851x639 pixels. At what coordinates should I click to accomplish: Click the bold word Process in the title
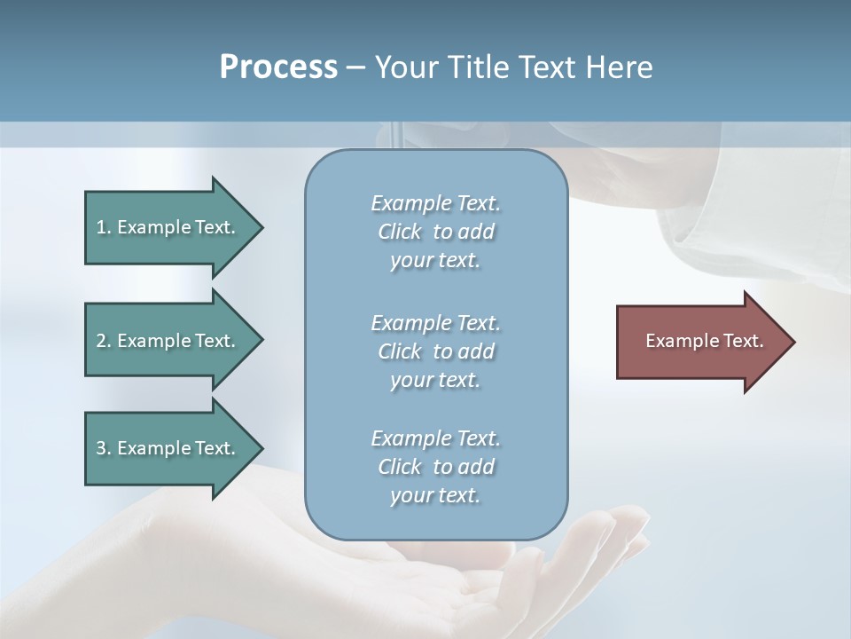[278, 67]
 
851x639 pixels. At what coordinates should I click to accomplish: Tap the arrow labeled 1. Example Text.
[168, 227]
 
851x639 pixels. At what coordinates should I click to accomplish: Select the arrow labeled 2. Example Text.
[168, 341]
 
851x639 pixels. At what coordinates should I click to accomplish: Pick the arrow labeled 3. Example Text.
[168, 448]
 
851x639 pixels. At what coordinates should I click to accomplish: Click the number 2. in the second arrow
[104, 341]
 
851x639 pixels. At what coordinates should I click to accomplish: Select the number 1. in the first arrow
[103, 227]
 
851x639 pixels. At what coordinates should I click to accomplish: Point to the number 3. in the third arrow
[104, 448]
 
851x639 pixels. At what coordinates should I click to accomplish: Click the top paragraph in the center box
[435, 232]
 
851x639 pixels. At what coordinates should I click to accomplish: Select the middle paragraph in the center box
[435, 351]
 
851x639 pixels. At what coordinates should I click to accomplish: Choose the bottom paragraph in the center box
[435, 467]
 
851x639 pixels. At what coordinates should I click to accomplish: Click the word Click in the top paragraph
[400, 232]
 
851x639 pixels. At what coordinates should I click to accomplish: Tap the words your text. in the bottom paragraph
[435, 495]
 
